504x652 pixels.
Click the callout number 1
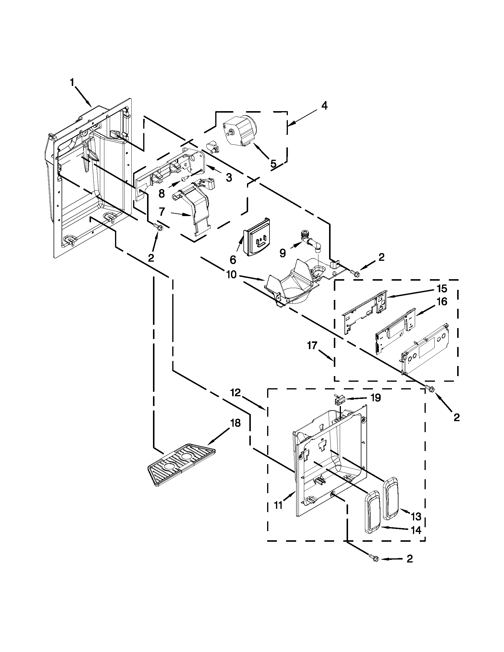point(72,82)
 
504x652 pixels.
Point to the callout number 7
point(162,212)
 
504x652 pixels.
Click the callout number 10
point(231,275)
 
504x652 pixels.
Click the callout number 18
point(236,423)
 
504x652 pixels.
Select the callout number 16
point(442,302)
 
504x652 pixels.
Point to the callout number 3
point(229,178)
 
